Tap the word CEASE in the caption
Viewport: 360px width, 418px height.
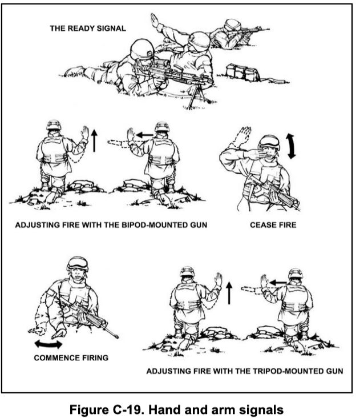pos(261,225)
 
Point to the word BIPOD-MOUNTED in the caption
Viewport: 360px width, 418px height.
pos(148,225)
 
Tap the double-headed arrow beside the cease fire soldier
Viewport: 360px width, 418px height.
pos(292,146)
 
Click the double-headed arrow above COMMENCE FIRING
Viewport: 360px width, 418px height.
pos(48,344)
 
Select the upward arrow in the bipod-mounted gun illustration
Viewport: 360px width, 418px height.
pos(94,140)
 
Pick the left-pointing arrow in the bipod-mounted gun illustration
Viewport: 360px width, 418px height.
pos(144,135)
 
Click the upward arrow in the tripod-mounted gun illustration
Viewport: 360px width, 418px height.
pos(229,293)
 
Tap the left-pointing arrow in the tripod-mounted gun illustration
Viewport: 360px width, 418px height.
pos(278,283)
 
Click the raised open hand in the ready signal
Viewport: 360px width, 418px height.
pos(154,19)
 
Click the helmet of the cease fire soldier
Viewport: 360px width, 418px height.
pos(269,142)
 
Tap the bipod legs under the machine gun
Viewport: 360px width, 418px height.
pos(196,97)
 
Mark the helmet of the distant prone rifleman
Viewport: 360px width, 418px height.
pos(232,24)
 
